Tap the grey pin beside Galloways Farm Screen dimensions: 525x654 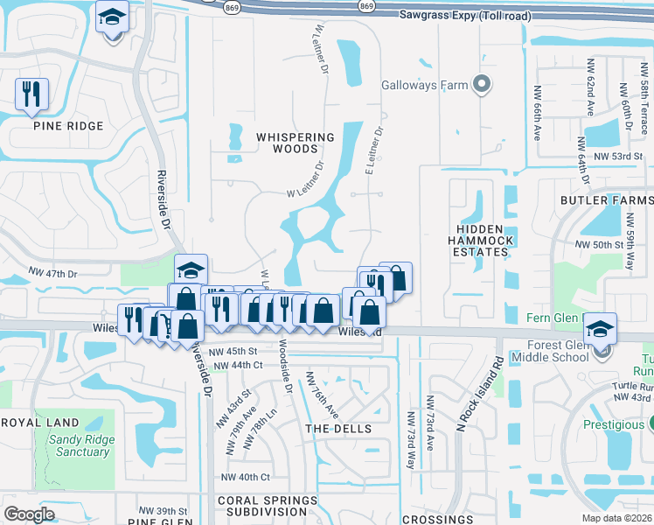tap(480, 85)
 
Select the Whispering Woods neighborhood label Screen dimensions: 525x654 tap(295, 143)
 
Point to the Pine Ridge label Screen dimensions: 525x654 tap(68, 126)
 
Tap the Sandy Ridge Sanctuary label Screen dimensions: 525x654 tap(80, 445)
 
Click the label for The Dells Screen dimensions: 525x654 tap(337, 429)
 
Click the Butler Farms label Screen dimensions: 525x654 tap(607, 200)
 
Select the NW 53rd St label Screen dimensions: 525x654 tap(617, 156)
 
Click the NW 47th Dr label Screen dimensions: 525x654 tap(53, 274)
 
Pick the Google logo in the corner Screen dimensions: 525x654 tap(29, 514)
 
